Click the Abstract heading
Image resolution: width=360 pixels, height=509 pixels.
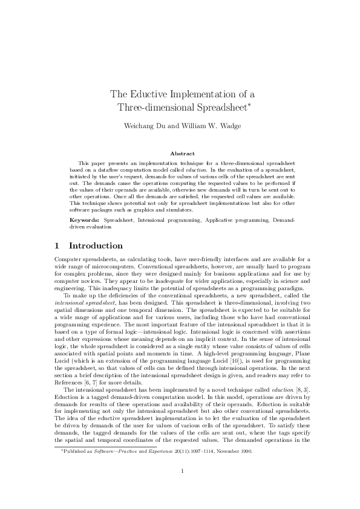click(180, 154)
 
